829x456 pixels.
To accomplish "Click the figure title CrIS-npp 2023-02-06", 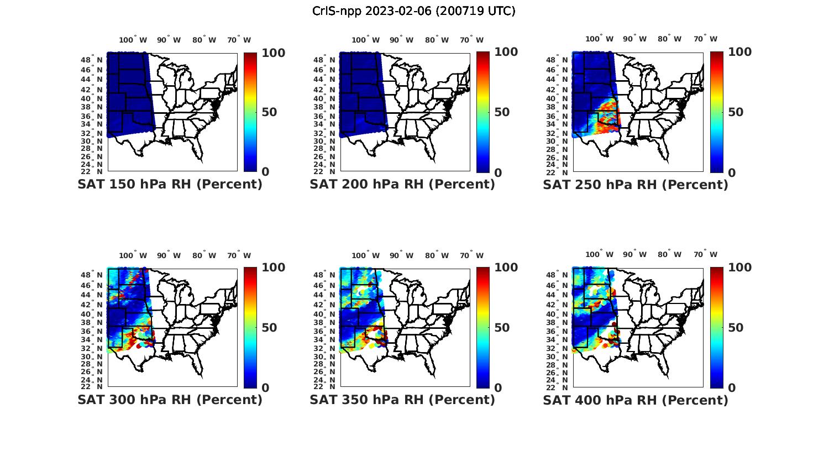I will click(x=413, y=11).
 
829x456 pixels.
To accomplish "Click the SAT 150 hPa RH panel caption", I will click(x=170, y=185).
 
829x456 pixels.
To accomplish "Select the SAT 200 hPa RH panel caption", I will click(x=402, y=185).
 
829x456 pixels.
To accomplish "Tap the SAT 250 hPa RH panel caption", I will click(x=636, y=185).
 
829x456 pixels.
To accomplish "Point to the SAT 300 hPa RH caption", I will click(x=170, y=400).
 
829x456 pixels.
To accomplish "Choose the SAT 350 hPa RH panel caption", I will click(x=402, y=400).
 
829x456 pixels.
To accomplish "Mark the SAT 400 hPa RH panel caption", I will click(x=636, y=400).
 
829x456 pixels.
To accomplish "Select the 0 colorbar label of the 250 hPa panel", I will click(x=732, y=172).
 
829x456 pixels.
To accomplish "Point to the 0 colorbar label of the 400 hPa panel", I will click(x=732, y=388).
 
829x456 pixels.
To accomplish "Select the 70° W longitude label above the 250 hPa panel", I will click(x=705, y=39).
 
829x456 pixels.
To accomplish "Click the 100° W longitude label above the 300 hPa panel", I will click(x=133, y=255).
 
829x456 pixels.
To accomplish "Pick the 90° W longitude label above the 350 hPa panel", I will click(x=401, y=255).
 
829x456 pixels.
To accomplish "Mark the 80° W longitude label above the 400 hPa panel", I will click(x=669, y=255).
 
